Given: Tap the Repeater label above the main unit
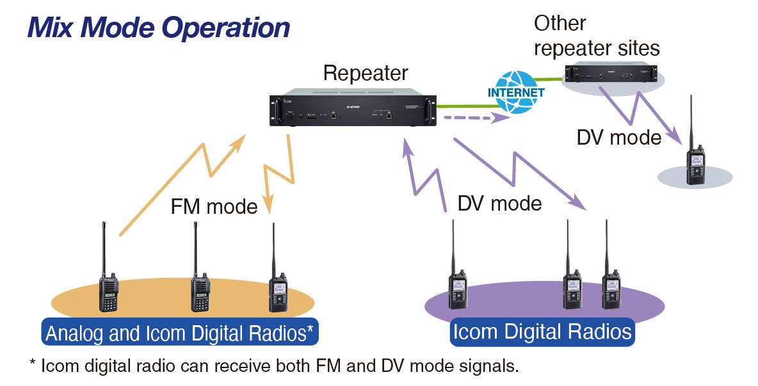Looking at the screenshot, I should click(365, 72).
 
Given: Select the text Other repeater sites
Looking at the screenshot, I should click(597, 36).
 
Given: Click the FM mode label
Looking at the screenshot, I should click(214, 207).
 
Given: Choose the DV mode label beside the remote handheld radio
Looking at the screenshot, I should click(618, 137).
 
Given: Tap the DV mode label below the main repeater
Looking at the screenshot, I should click(499, 204).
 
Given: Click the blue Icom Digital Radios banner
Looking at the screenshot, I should click(542, 332).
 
